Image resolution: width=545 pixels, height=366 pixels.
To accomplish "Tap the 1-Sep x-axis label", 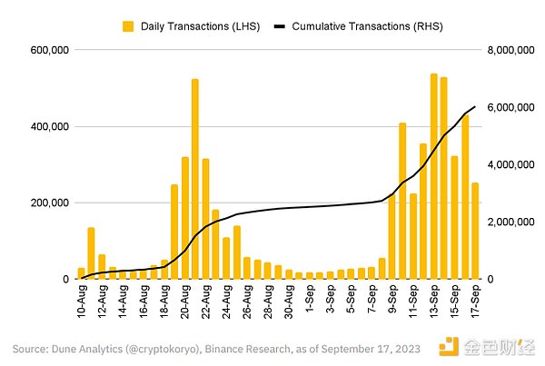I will (310, 299).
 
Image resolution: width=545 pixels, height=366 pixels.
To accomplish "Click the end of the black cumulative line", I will (475, 107).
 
